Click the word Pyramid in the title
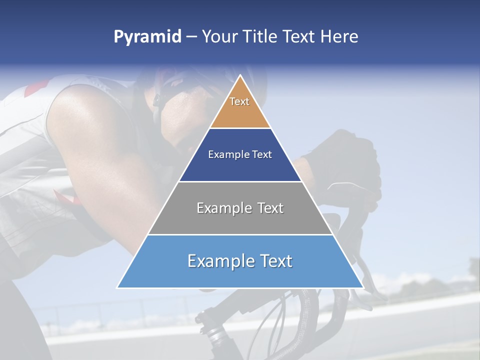pos(147,37)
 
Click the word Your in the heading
pos(219,37)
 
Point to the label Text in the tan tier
pos(239,101)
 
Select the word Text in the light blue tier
pos(272,261)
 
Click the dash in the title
pos(191,37)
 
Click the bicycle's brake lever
pos(362,265)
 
